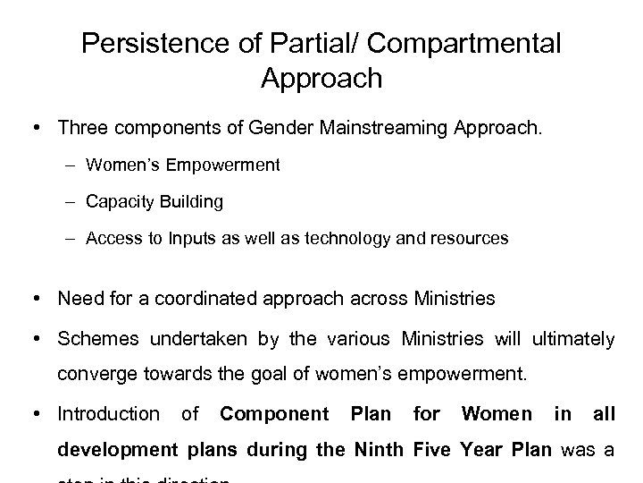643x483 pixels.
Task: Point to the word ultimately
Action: (572, 339)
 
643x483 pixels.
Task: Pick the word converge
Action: (92, 374)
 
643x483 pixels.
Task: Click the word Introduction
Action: (108, 414)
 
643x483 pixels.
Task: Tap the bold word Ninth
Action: (384, 449)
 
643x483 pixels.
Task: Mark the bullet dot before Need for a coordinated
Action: (39, 299)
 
